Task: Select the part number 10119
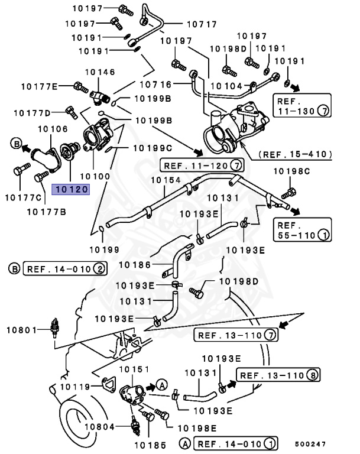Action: pyautogui.click(x=73, y=387)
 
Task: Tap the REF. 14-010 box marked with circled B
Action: pyautogui.click(x=65, y=269)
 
